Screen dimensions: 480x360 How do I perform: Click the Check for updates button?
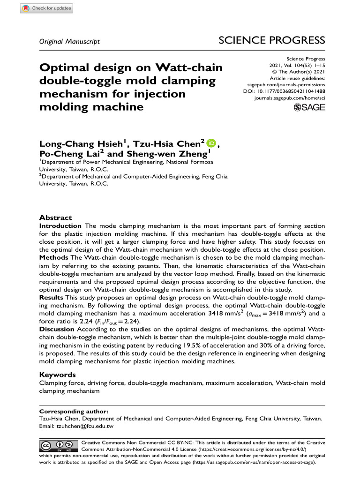[47, 8]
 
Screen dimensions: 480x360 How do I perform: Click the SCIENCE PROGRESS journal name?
[272, 41]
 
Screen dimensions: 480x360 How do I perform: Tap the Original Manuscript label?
[69, 42]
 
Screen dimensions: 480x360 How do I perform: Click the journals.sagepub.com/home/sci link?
[289, 98]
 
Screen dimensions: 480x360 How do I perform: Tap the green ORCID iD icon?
[210, 143]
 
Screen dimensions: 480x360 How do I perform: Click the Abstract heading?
[55, 218]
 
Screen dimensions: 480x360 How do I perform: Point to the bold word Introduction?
[60, 226]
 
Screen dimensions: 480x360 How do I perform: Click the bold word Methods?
[53, 258]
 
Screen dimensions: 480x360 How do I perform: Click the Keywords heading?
[58, 375]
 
